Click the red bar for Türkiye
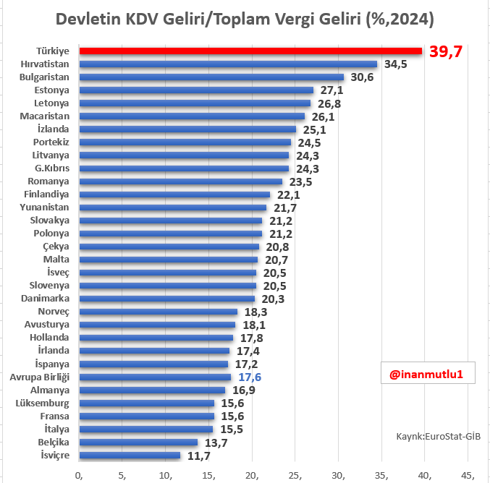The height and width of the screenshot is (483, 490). click(x=250, y=51)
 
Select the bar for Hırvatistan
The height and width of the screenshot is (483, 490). click(x=228, y=64)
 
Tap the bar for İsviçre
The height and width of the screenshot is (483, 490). click(x=130, y=456)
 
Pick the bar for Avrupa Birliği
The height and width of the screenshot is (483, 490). click(x=155, y=377)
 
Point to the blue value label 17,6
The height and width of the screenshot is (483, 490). click(x=250, y=377)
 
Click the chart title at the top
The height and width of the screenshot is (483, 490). click(x=245, y=17)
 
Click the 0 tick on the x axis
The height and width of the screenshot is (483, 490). click(x=80, y=474)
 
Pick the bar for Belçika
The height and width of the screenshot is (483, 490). click(x=138, y=443)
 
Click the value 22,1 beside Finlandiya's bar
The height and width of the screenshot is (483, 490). click(x=287, y=195)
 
